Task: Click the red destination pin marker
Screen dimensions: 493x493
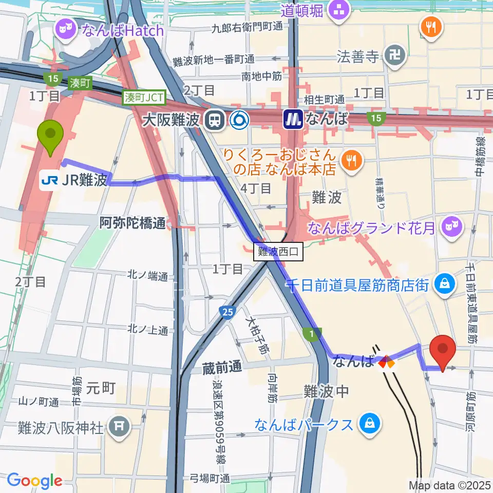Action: pos(442,351)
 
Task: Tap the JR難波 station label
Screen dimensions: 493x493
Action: pos(74,180)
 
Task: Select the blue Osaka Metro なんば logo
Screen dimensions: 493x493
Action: pos(293,121)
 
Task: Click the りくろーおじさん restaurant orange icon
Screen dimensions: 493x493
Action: pos(352,161)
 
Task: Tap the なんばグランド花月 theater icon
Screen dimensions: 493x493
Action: pos(452,225)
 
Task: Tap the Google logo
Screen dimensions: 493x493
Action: pos(34,481)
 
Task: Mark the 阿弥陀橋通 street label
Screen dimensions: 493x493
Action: pos(132,223)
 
